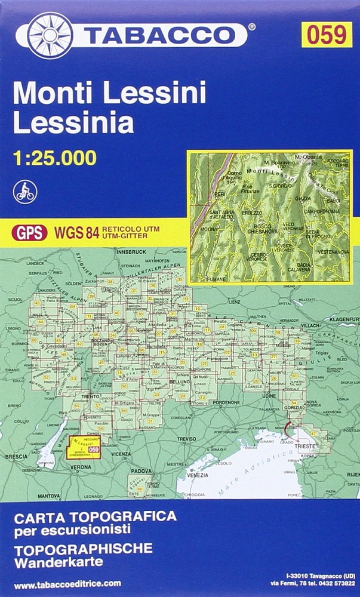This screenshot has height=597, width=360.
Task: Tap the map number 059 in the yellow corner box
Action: click(x=327, y=35)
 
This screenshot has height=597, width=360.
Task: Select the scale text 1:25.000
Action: click(x=54, y=158)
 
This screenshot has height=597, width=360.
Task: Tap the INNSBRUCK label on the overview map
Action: click(x=129, y=252)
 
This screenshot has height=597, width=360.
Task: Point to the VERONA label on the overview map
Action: click(x=81, y=466)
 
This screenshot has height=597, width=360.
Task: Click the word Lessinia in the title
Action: click(x=73, y=123)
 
